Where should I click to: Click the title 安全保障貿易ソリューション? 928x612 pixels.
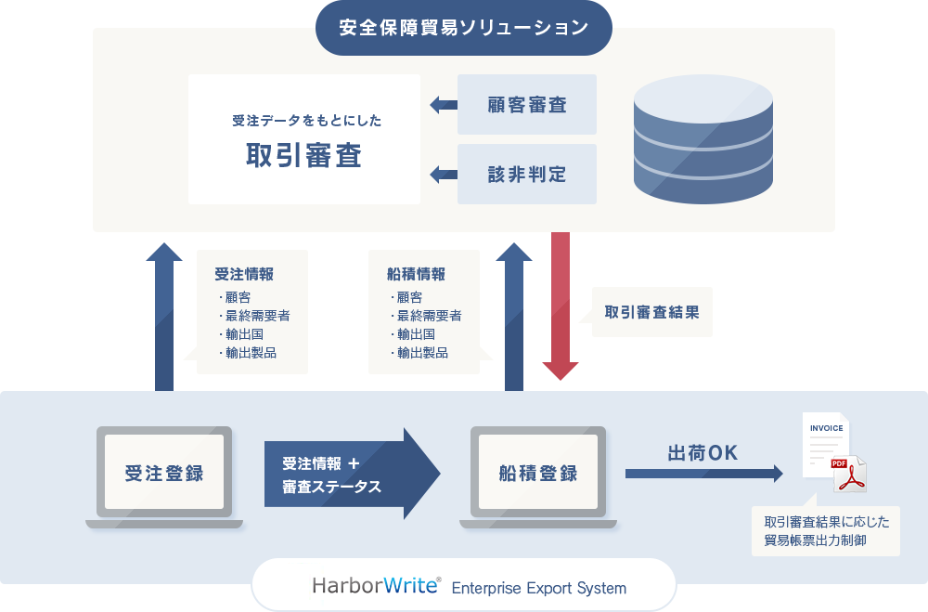click(x=463, y=27)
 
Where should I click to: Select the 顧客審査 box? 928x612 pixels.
click(x=527, y=105)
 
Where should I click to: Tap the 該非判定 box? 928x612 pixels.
click(x=527, y=174)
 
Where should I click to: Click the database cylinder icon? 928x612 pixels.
click(x=702, y=140)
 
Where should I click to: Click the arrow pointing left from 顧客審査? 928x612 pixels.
click(x=443, y=105)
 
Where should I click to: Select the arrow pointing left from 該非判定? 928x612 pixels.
click(x=443, y=174)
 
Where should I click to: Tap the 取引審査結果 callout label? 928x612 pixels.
click(x=651, y=312)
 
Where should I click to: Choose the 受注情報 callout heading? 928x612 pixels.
click(x=244, y=274)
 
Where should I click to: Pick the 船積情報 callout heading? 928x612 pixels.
click(x=416, y=274)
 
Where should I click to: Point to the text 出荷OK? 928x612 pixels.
click(x=702, y=453)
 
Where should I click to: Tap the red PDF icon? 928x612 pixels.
click(x=847, y=473)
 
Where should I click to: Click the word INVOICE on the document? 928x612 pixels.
click(x=827, y=428)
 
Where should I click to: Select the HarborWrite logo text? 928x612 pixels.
click(x=377, y=586)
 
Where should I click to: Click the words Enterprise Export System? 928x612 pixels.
click(x=538, y=588)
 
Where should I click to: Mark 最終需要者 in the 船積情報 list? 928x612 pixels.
click(x=429, y=316)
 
